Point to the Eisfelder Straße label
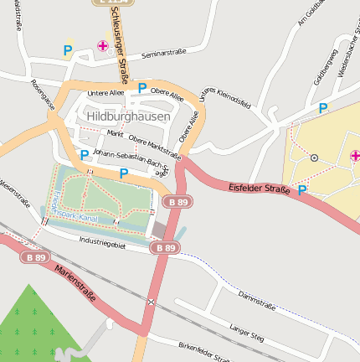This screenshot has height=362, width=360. (259, 189)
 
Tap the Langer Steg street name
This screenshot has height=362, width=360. (246, 332)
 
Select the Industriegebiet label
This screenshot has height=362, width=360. (101, 244)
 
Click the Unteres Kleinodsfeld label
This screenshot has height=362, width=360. (225, 98)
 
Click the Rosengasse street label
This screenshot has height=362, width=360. (42, 95)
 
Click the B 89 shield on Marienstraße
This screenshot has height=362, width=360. (35, 256)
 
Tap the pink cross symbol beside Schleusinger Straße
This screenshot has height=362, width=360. (103, 46)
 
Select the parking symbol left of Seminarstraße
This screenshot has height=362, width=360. (67, 51)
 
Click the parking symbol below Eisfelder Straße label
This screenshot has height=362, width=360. (302, 190)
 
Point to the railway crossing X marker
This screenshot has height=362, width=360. (151, 302)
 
